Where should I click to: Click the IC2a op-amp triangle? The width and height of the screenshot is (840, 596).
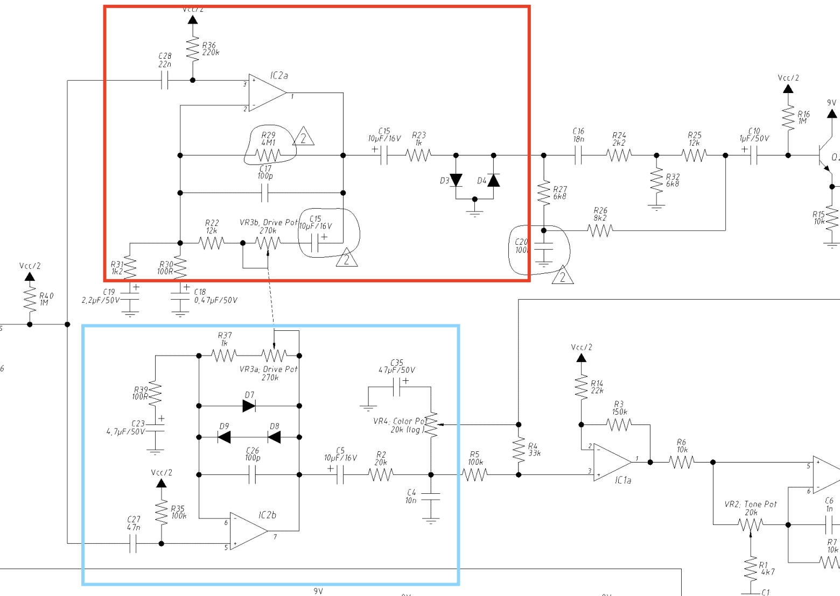[x=266, y=93]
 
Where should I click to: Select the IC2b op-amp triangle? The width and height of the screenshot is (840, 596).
[x=247, y=530]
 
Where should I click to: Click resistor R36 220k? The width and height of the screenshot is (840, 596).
[x=193, y=49]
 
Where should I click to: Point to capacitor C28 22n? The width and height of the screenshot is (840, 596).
[x=165, y=81]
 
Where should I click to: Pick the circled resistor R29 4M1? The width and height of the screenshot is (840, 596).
[x=268, y=155]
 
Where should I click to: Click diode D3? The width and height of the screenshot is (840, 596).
[x=456, y=180]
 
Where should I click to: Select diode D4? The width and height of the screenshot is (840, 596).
[x=493, y=180]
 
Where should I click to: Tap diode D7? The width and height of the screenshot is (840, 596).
[x=249, y=406]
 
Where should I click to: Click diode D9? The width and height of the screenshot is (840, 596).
[x=224, y=437]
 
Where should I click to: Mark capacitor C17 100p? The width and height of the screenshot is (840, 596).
[x=264, y=193]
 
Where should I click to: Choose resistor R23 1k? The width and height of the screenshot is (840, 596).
[x=418, y=155]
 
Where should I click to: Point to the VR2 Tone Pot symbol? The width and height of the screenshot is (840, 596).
[x=750, y=524]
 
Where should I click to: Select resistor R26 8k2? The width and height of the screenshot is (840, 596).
[x=600, y=231]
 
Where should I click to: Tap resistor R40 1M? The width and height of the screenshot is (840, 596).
[x=30, y=299]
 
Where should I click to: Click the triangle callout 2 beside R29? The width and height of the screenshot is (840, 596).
[x=304, y=137]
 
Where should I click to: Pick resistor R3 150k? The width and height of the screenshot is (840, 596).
[x=619, y=425]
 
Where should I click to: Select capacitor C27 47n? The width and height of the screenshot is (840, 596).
[x=134, y=544]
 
